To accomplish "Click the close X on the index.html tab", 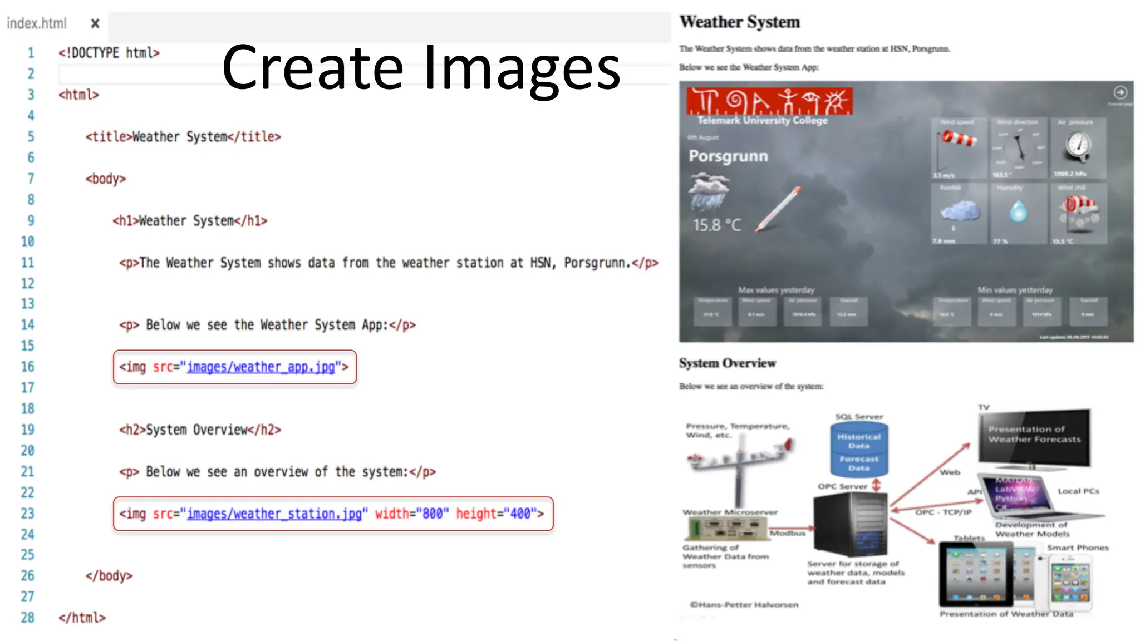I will (95, 23).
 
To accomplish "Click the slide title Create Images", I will (421, 68).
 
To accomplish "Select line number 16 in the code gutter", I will (28, 367).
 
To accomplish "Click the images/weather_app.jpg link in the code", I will (261, 367).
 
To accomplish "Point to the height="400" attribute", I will (495, 514).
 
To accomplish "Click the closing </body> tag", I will (109, 576).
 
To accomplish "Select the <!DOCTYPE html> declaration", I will (109, 53).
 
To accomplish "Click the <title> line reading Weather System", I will (183, 137).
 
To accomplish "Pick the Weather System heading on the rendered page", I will (739, 22).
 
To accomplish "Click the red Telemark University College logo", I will (769, 101).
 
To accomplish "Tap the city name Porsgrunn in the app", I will (728, 156).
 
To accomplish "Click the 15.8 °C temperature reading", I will (717, 225).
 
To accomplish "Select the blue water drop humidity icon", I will (1018, 212).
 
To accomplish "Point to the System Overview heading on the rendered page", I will (727, 363).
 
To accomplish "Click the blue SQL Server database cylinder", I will (859, 449).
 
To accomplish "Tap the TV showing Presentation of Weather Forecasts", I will (1034, 437).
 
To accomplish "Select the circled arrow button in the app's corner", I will (1120, 92).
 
